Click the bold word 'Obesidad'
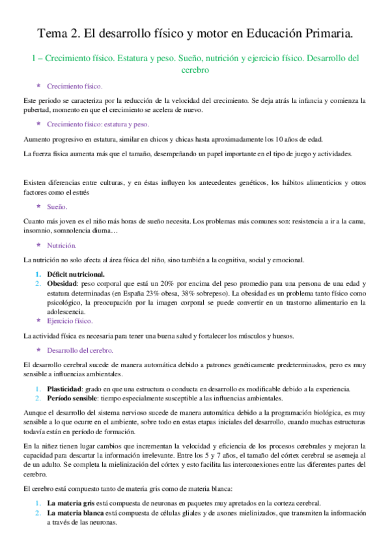click(x=63, y=284)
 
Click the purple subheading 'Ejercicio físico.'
click(x=74, y=321)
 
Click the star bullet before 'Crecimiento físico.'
click(x=38, y=86)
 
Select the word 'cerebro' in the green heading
click(x=195, y=70)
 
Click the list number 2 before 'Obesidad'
click(x=38, y=284)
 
